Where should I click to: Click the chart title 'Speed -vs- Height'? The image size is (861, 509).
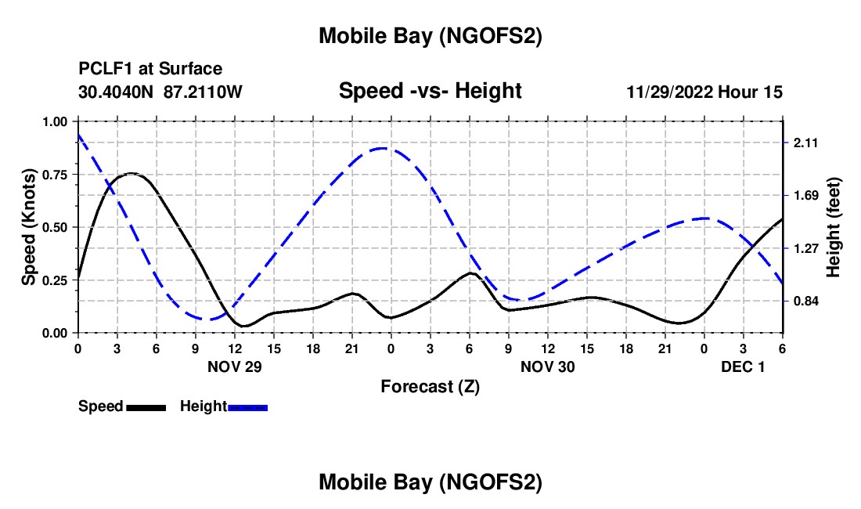point(430,92)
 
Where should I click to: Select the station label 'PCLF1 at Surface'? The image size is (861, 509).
point(150,70)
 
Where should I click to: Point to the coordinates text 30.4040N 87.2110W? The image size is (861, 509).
point(160,92)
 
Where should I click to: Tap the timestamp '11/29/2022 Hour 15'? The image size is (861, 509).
point(704,92)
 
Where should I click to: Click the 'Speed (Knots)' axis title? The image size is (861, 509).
point(29,227)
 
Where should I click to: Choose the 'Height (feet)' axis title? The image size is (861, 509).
point(833,227)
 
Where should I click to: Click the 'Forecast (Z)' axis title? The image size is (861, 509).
point(430,386)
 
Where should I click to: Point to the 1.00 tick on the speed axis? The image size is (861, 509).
point(56,121)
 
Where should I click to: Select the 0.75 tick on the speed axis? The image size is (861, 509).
point(56,175)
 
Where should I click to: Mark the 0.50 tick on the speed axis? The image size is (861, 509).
point(56,227)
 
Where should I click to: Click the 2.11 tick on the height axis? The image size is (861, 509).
point(805,143)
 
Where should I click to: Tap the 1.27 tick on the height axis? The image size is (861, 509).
point(805,248)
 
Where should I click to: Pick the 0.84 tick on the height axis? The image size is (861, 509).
point(805,301)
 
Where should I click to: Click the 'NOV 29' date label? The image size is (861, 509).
point(234,366)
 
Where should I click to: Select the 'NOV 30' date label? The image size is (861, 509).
point(547,366)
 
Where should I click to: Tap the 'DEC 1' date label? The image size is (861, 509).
point(743,366)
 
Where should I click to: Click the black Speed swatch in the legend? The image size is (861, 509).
point(146,406)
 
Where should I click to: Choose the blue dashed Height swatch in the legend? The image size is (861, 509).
point(247,406)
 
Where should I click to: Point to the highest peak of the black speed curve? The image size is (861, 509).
point(131,173)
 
